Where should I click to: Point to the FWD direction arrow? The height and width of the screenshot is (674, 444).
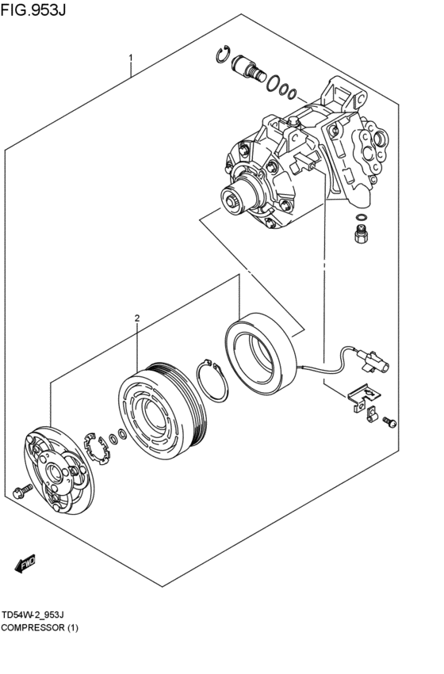pos(25,563)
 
